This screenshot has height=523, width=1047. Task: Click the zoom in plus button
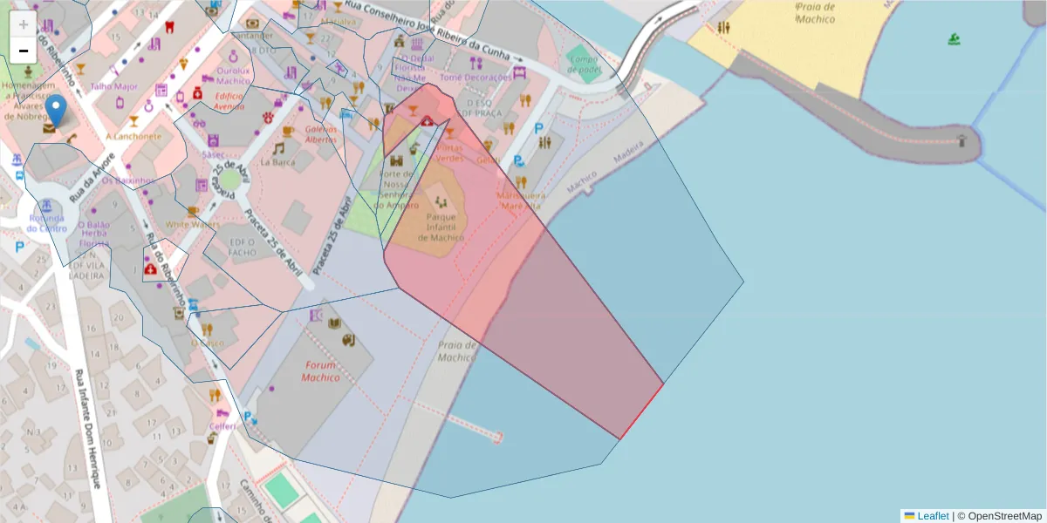click(24, 24)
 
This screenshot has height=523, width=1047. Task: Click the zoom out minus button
click(24, 51)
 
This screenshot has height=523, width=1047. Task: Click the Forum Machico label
click(320, 371)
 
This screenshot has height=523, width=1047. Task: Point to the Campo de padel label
click(585, 65)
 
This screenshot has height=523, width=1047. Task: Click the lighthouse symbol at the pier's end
click(961, 139)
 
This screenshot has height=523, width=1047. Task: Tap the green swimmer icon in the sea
click(955, 39)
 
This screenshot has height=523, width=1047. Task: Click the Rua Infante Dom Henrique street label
click(91, 427)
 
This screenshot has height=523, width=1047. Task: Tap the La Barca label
click(277, 161)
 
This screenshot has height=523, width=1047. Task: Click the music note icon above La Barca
click(278, 148)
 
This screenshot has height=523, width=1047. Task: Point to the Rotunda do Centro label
click(47, 223)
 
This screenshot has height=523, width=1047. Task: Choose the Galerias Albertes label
click(321, 133)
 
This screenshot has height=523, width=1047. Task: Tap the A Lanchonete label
click(133, 136)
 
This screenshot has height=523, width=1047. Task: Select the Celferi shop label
click(222, 425)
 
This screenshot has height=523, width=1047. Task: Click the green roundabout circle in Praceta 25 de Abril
click(229, 180)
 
